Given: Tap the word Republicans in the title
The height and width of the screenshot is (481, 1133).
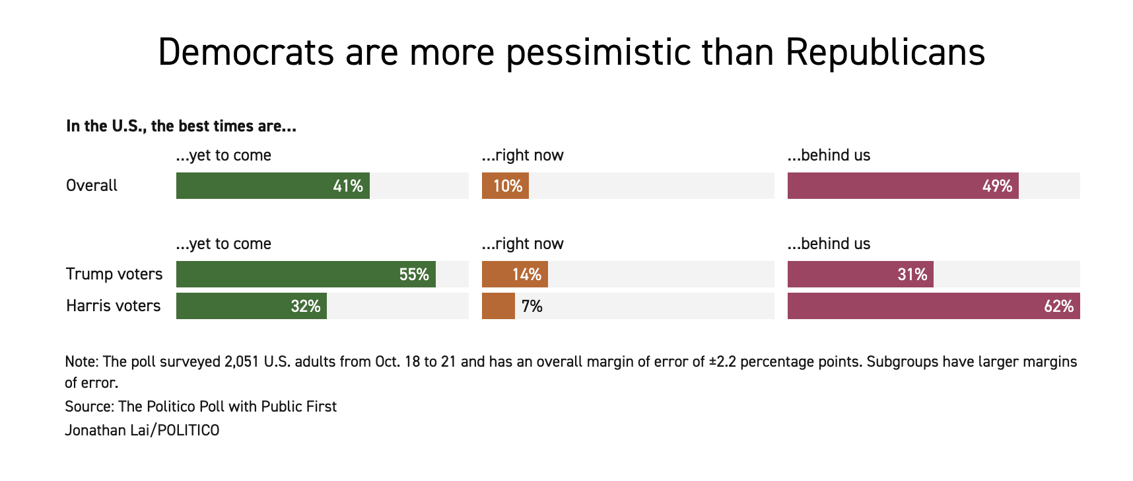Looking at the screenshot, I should [885, 53].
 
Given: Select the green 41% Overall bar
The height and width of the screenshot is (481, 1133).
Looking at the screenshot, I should [273, 186].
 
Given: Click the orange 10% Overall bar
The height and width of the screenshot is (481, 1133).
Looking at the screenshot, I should [505, 186].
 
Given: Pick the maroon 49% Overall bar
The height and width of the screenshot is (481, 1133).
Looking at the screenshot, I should [903, 186].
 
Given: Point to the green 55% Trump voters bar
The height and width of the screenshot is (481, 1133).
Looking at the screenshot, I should [306, 274].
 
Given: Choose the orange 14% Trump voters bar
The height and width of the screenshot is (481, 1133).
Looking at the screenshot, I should [514, 274].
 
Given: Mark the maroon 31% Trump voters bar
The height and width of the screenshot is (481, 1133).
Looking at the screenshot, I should [860, 274].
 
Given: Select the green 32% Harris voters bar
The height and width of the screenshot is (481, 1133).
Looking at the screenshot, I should [251, 306].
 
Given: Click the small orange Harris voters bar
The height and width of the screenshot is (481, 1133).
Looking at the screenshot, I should [498, 306].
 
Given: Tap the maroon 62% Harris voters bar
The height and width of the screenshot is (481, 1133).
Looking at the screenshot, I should [934, 306].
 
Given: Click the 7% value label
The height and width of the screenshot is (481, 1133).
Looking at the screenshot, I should [532, 307].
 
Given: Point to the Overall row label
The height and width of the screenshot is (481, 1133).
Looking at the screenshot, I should [92, 186].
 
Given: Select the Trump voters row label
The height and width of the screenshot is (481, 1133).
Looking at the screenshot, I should [114, 274].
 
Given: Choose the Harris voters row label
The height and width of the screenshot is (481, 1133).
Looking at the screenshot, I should [114, 306].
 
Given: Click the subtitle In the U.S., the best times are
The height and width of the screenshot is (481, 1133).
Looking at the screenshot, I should [181, 126].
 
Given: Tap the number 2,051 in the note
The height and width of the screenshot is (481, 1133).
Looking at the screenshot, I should [241, 362].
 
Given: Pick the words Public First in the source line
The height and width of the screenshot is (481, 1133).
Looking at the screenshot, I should [298, 406].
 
